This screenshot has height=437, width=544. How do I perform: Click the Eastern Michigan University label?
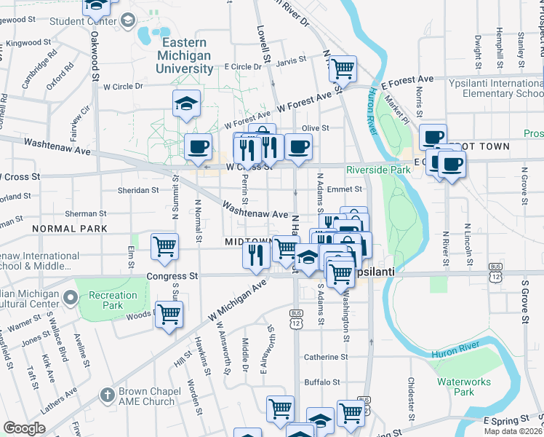(x=185, y=56)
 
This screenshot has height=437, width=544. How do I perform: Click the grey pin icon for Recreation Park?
(x=71, y=296)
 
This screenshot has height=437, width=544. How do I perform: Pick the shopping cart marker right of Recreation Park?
(x=169, y=314)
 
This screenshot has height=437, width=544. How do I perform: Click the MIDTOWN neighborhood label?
(x=247, y=241)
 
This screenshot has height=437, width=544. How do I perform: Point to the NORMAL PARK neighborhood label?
(x=69, y=229)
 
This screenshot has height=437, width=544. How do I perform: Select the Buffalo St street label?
(x=322, y=382)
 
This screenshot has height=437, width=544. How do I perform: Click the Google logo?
(x=24, y=428)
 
